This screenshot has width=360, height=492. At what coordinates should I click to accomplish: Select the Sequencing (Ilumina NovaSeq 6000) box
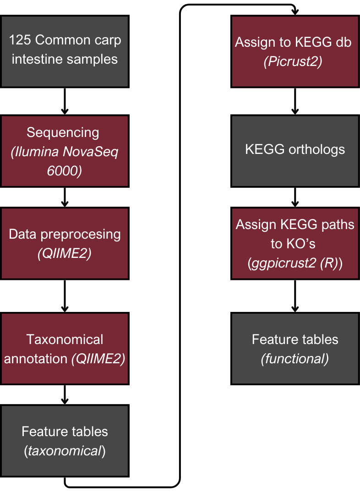click(65, 151)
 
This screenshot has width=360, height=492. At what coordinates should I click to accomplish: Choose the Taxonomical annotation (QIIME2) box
click(65, 348)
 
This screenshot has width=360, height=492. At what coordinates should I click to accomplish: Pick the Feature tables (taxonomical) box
click(65, 441)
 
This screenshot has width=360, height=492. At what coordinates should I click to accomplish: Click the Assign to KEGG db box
click(295, 51)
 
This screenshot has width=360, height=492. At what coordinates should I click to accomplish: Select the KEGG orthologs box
click(295, 150)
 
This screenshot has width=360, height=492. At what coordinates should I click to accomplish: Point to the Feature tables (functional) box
click(295, 348)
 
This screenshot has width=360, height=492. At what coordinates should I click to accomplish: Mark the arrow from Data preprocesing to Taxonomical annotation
click(65, 295)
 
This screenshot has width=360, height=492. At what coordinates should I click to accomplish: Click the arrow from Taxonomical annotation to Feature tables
click(65, 394)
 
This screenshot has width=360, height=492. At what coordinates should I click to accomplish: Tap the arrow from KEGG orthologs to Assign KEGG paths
click(295, 196)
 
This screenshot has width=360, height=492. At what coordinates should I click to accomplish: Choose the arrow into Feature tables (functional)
click(295, 296)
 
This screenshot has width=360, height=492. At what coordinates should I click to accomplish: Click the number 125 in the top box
click(20, 40)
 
